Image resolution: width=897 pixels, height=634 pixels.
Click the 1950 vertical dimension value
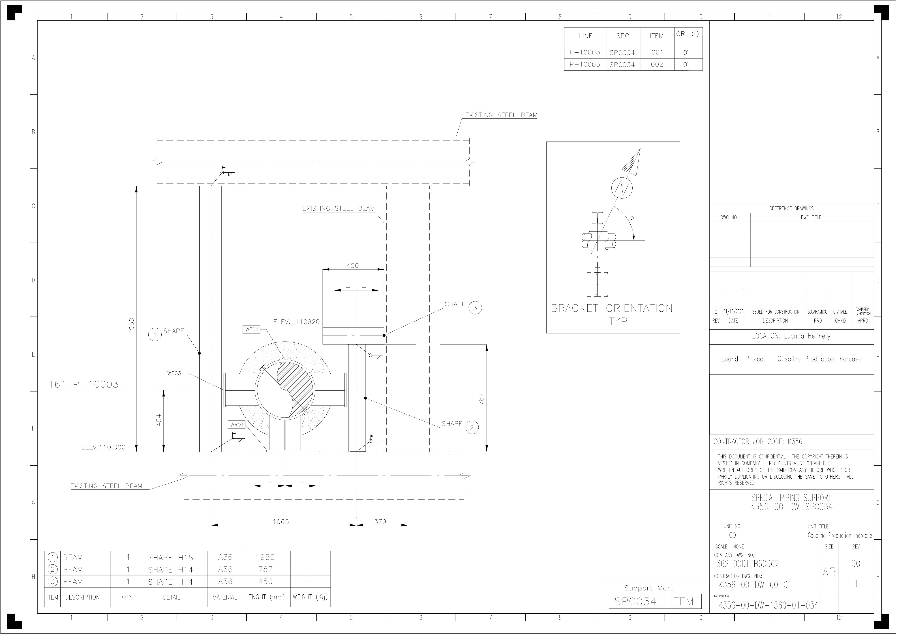(132, 325)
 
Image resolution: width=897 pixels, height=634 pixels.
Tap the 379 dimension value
(380, 522)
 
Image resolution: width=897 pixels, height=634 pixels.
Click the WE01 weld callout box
(252, 329)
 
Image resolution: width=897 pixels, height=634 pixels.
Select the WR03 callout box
(174, 373)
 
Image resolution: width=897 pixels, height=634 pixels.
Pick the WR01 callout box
(237, 425)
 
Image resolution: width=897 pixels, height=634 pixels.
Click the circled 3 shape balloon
(475, 308)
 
